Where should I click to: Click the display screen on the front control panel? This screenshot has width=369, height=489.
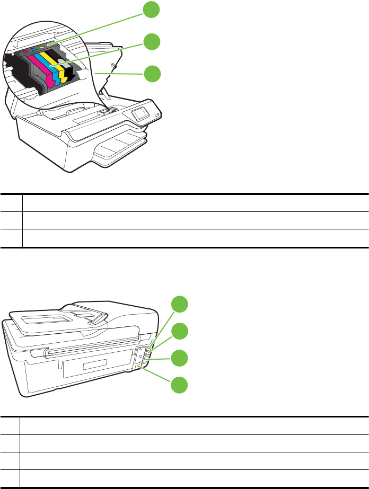click(x=140, y=113)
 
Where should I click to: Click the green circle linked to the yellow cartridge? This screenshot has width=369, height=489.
click(x=152, y=41)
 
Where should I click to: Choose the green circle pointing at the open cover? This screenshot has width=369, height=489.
click(x=152, y=74)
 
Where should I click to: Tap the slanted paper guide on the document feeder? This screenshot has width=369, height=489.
click(x=99, y=318)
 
